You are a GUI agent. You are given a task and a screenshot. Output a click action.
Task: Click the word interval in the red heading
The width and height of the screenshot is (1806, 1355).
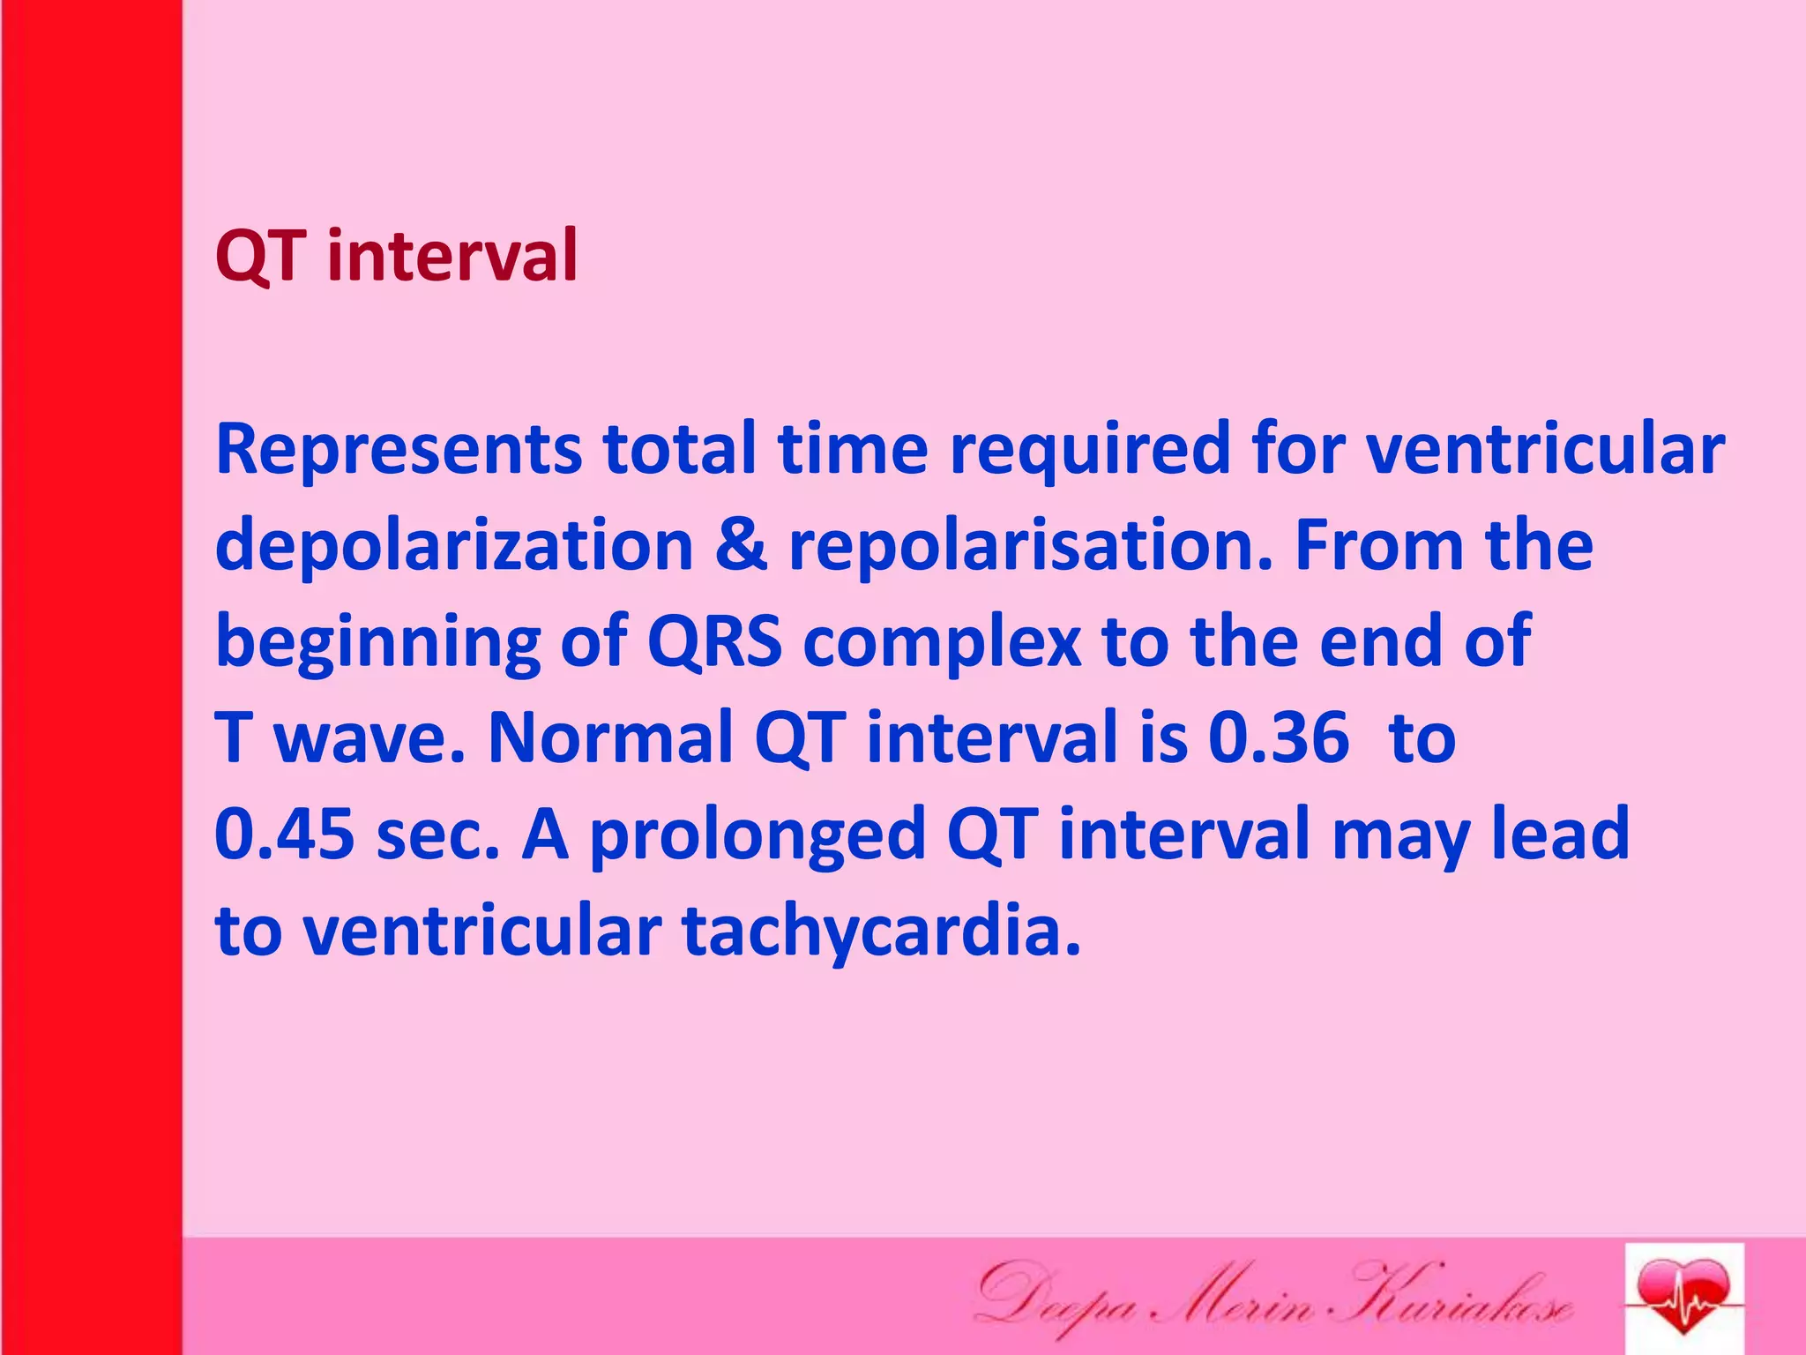pos(451,256)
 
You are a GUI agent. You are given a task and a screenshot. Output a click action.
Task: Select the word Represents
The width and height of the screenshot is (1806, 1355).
pos(399,450)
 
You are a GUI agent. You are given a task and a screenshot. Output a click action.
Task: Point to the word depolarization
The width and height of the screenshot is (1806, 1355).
pos(453,547)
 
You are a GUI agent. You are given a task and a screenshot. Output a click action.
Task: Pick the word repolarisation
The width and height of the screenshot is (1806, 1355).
pos(1031,547)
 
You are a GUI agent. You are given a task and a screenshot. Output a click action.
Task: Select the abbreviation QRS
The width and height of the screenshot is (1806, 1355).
pos(714,642)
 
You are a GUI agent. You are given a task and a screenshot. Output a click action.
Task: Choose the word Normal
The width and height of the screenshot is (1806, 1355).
pos(610,737)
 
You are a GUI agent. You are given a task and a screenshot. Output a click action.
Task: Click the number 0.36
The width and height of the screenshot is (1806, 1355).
pos(1278,737)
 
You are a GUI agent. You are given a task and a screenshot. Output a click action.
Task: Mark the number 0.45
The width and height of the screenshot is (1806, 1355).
pos(284,835)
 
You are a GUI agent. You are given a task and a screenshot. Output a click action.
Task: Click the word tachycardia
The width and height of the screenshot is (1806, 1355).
pos(881,932)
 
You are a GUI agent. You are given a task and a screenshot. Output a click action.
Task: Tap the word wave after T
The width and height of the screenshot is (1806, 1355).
pos(369,739)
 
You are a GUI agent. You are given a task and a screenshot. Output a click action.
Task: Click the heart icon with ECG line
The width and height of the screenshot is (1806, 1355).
pos(1683,1297)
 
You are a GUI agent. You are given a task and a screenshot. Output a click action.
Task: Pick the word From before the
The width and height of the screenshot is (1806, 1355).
pos(1379,547)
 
